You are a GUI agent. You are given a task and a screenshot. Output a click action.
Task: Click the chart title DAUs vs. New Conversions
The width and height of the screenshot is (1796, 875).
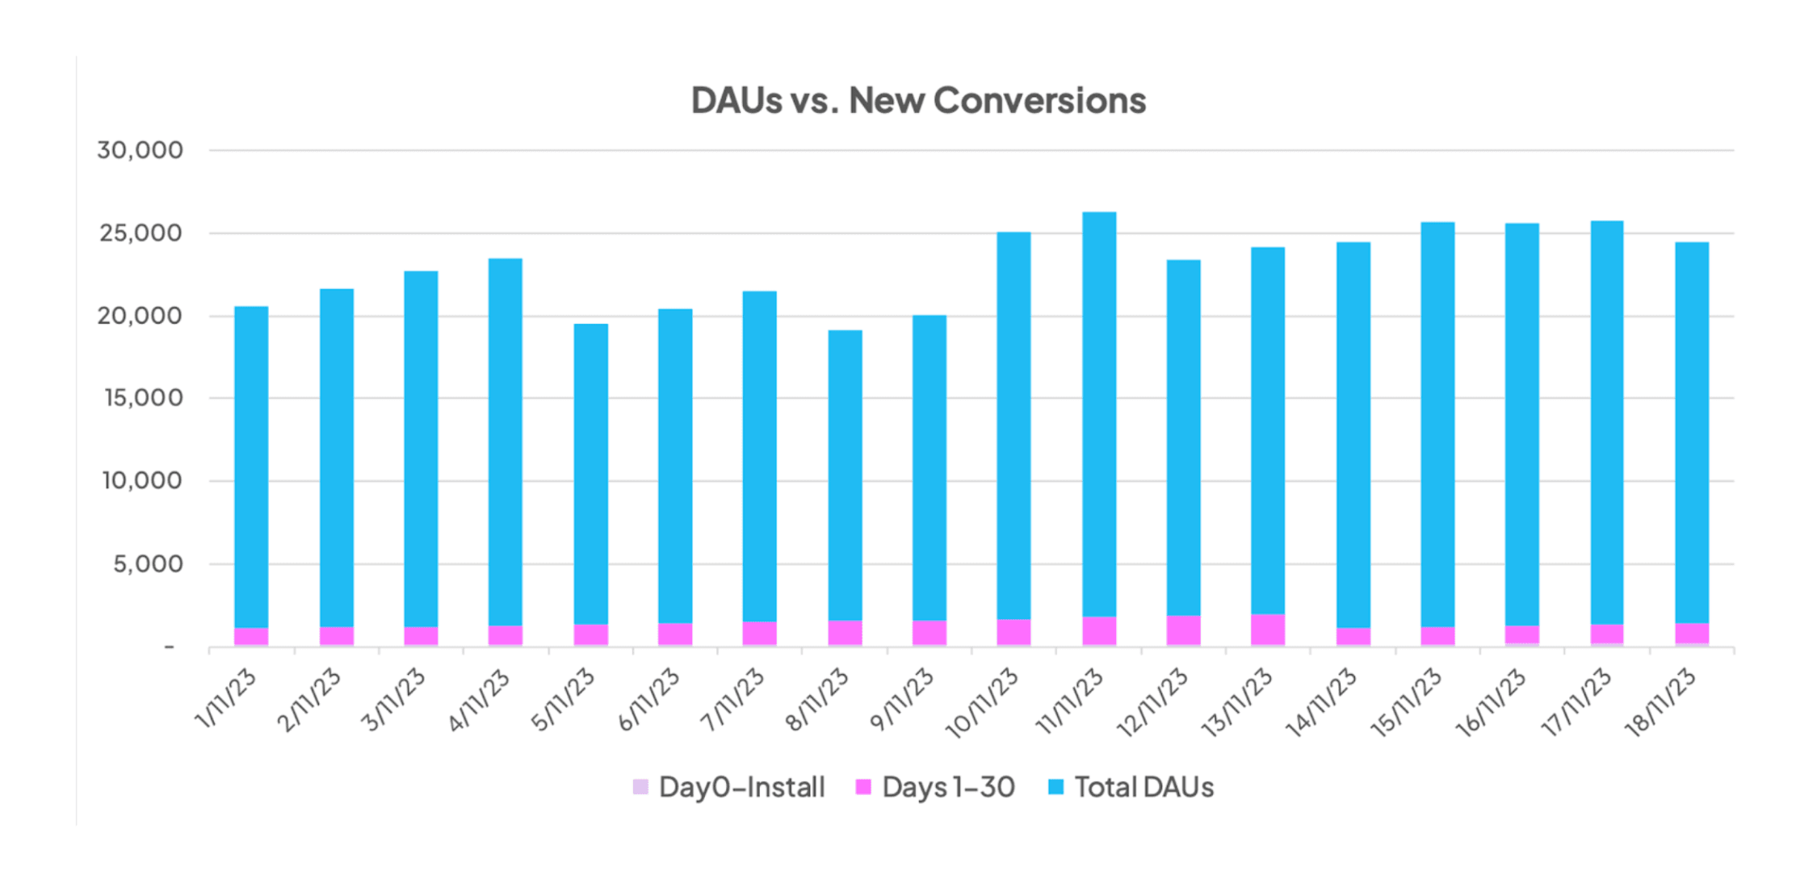point(918,101)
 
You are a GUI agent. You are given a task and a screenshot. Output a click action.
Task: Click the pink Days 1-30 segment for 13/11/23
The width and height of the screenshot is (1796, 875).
point(1268,630)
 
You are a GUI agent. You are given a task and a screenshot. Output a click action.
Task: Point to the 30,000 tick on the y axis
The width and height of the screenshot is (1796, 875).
point(140,150)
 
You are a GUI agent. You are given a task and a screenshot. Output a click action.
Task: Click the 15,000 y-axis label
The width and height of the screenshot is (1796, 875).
point(143,398)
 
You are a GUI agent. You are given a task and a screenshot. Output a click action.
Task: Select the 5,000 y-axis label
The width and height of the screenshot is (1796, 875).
point(148,563)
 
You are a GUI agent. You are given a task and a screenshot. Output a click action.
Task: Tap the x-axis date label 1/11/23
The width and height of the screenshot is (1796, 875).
point(227,699)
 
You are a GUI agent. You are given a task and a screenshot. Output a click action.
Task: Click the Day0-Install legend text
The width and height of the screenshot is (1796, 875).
point(741,787)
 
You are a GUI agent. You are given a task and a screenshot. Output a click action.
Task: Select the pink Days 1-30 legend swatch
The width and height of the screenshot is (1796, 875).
point(863,787)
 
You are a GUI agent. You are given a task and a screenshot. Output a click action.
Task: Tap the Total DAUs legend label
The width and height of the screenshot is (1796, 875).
point(1143,787)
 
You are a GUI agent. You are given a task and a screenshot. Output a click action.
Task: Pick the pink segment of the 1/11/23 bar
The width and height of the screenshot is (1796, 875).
point(251,636)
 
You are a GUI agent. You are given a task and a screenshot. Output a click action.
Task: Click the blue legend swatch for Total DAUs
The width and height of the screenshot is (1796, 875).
point(1055,787)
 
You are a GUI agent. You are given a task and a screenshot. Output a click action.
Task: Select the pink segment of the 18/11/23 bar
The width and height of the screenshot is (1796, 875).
point(1692,633)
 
